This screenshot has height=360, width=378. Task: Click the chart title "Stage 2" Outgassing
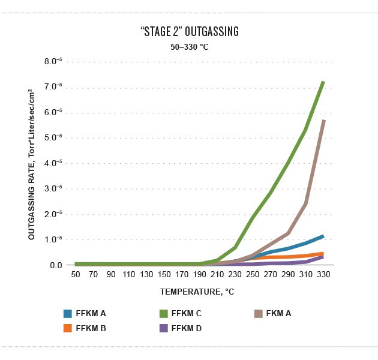189,31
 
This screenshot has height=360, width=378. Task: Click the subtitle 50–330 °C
189,46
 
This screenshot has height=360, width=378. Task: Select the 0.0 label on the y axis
56,265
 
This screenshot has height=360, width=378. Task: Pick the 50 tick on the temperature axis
76,274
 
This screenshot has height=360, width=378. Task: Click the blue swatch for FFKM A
68,313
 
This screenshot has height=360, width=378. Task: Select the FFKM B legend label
91,328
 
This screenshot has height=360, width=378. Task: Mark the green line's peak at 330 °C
324,82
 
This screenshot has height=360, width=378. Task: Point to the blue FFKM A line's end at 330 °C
324,236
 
